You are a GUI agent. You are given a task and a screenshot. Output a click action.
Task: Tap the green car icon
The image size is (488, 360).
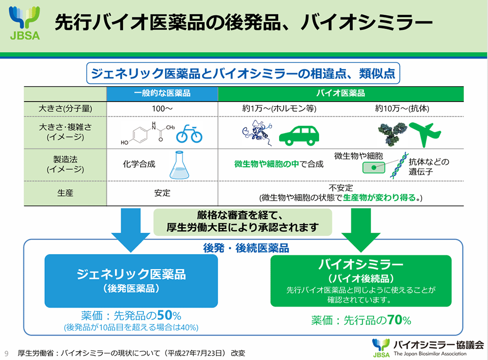pos(296,133)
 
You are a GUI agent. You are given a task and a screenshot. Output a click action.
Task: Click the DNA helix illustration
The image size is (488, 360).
pos(398,164)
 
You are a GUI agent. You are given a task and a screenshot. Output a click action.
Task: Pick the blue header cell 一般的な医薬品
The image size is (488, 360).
pos(162,93)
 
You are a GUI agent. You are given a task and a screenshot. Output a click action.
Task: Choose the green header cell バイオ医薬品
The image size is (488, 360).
pos(347,93)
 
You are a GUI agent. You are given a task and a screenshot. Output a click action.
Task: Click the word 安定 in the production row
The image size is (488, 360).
pos(162,193)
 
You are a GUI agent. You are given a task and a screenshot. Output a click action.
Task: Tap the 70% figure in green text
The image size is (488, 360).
pos(399,320)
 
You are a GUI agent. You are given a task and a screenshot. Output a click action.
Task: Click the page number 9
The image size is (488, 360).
pos(6,352)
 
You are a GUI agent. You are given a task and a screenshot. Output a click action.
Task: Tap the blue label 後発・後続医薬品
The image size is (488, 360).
pos(246,248)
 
